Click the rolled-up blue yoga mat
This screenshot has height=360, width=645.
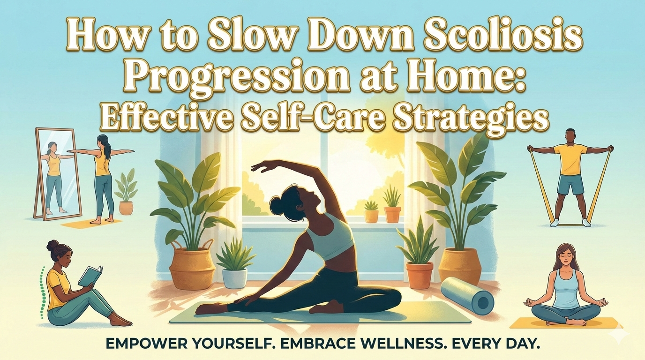pos(467,295)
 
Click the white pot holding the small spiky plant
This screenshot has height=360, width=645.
pos(234,277)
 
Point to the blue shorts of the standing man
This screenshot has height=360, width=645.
pos(570,185)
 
